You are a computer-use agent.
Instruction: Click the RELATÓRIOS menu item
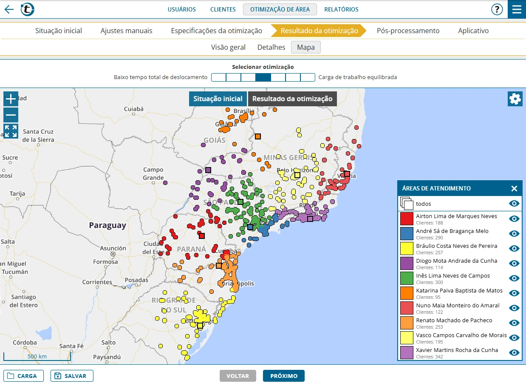coord(341,9)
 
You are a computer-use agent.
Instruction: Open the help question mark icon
coord(497,9)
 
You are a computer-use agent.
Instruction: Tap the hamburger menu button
coord(517,9)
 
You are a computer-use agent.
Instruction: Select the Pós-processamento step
coord(408,31)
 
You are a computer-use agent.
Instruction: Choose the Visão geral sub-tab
coord(228,47)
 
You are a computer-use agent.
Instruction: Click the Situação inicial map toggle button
coord(218,99)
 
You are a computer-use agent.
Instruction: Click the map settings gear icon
coord(515,99)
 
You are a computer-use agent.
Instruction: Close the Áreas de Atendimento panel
coord(514,189)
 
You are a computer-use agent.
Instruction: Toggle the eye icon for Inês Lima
coord(514,278)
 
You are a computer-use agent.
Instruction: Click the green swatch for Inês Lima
coord(407,278)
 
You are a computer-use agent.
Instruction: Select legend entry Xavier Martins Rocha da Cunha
coord(457,350)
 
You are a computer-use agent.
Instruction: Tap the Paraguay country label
coord(107,226)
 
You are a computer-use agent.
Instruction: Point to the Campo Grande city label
coord(153,173)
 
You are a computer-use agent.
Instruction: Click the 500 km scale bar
coord(37,356)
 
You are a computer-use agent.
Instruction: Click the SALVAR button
coord(72,376)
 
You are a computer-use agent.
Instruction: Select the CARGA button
coord(23,376)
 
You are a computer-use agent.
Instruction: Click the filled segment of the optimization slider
coord(263,77)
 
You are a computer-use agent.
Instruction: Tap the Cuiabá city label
coord(134,109)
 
